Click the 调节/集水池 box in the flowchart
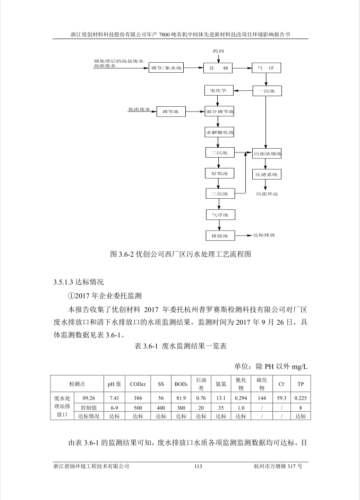click(166, 67)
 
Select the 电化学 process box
click(219, 90)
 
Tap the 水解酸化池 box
click(219, 132)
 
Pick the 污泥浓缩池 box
click(267, 154)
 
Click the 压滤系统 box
click(267, 174)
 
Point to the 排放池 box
click(220, 235)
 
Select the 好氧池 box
click(219, 173)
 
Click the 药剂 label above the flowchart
click(218, 51)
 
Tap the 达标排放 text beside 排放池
click(264, 235)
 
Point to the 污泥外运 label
click(267, 193)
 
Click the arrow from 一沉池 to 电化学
click(243, 91)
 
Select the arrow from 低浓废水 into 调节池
click(153, 111)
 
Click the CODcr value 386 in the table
click(138, 398)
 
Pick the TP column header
click(301, 384)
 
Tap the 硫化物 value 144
click(262, 398)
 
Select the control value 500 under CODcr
click(138, 408)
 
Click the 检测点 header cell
click(77, 384)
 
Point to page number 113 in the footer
click(198, 466)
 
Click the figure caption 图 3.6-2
click(181, 254)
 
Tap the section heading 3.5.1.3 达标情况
click(79, 282)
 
